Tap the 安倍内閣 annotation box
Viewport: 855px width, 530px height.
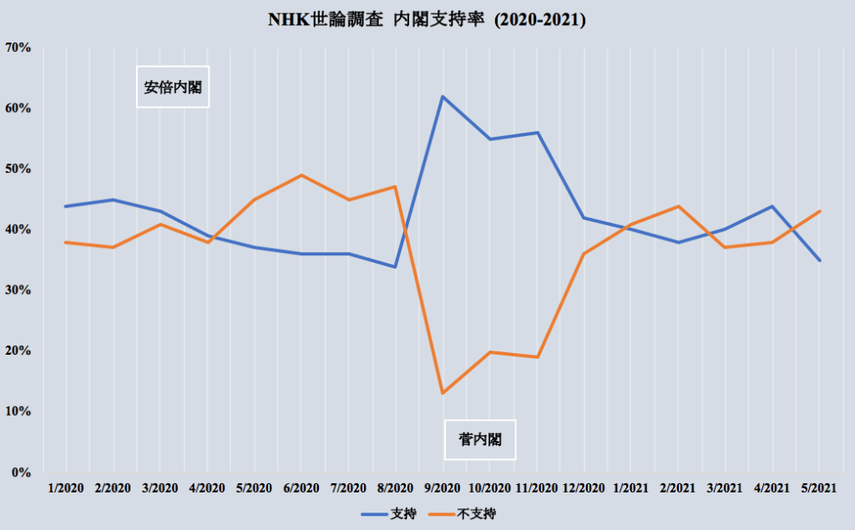click(x=173, y=87)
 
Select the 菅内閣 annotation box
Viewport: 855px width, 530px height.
click(x=480, y=439)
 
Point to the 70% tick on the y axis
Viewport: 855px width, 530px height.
click(x=18, y=48)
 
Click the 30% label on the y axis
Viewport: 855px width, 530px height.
click(x=18, y=290)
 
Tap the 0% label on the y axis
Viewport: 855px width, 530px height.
click(x=21, y=472)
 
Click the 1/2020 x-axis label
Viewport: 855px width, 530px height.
click(x=65, y=487)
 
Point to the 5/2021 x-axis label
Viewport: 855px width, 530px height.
click(x=819, y=487)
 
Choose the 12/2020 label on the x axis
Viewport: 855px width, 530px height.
click(x=584, y=487)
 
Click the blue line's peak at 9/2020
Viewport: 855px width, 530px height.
click(x=442, y=97)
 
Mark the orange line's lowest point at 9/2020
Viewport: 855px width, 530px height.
click(x=442, y=393)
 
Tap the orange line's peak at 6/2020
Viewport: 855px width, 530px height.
click(x=301, y=175)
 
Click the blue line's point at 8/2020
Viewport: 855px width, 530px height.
click(x=395, y=267)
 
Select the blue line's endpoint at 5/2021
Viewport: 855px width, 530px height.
click(x=819, y=260)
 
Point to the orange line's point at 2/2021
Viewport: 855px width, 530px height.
click(x=678, y=206)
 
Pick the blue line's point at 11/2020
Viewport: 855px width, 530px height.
click(x=536, y=133)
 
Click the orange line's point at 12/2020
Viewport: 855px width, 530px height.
click(x=584, y=254)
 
